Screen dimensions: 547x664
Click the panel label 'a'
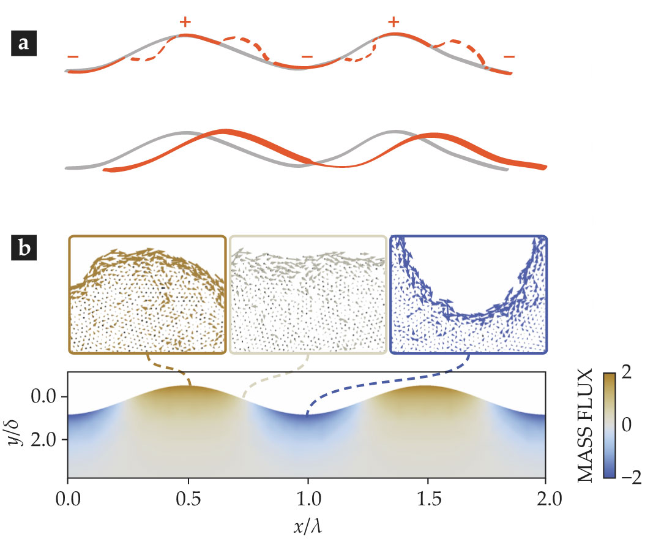[23, 44]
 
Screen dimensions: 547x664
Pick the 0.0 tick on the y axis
[44, 398]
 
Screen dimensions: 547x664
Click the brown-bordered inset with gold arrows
[147, 295]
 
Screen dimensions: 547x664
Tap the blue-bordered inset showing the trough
[468, 295]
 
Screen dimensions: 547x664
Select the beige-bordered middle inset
[308, 295]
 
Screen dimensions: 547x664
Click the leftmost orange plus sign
[185, 23]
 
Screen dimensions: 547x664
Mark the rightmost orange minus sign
[509, 57]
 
